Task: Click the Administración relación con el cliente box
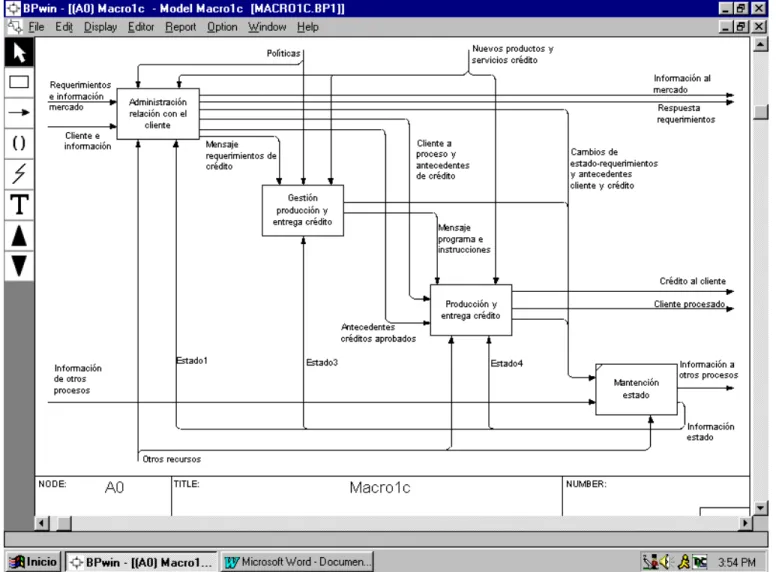[158, 113]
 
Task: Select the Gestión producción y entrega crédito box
[302, 210]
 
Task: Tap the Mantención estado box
[636, 389]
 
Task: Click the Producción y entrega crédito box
[471, 310]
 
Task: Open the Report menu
[181, 27]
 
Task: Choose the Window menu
[267, 27]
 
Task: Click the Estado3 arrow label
[322, 363]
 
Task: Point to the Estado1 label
[192, 361]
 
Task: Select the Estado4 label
[506, 364]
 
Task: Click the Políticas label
[283, 53]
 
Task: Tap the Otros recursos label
[172, 459]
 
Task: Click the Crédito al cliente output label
[692, 281]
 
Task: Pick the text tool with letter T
[19, 204]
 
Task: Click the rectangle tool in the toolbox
[19, 82]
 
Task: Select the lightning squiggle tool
[19, 174]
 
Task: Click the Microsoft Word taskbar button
[296, 562]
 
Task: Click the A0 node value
[114, 488]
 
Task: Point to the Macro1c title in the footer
[380, 488]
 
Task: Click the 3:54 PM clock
[737, 563]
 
